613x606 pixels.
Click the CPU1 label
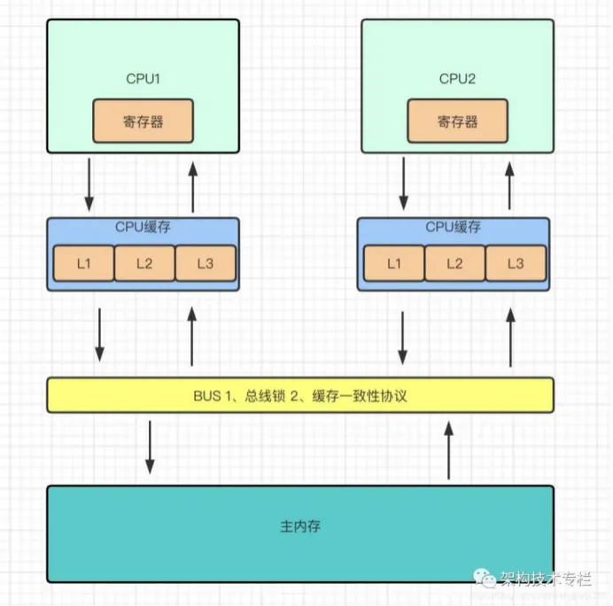(143, 79)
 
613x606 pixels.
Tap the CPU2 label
(457, 79)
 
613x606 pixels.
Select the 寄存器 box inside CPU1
(143, 121)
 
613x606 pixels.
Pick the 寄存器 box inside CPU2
(457, 121)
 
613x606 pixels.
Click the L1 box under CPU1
(83, 262)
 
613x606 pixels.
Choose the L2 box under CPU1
(144, 262)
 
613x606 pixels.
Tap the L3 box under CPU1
(206, 262)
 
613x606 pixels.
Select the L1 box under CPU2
(394, 262)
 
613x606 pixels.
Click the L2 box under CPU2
(454, 262)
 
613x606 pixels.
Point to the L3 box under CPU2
(516, 262)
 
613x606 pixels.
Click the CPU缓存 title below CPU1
(143, 227)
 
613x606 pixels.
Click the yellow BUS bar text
(299, 395)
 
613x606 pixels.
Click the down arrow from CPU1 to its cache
(89, 183)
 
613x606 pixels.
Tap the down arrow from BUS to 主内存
(150, 447)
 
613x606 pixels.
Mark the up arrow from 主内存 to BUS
(448, 450)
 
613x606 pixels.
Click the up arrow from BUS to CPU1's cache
(192, 337)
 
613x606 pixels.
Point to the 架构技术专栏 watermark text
(549, 579)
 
